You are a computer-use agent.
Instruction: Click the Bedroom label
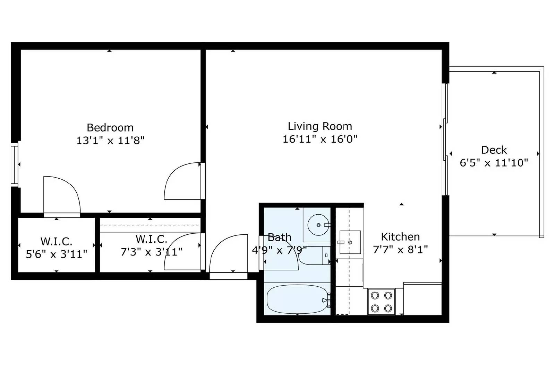pyautogui.click(x=110, y=128)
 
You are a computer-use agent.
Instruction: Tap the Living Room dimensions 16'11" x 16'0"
pyautogui.click(x=320, y=139)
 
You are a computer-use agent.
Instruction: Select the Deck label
pyautogui.click(x=494, y=150)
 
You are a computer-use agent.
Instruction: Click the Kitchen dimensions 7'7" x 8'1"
pyautogui.click(x=400, y=250)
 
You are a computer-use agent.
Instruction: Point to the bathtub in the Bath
pyautogui.click(x=297, y=299)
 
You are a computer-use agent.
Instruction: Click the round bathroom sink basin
pyautogui.click(x=318, y=225)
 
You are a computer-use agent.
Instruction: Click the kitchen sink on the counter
pyautogui.click(x=350, y=242)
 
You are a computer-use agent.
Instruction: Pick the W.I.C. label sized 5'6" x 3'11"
pyautogui.click(x=57, y=241)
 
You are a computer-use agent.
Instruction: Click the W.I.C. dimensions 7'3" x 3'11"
pyautogui.click(x=151, y=252)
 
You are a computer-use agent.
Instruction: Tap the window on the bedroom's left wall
pyautogui.click(x=14, y=164)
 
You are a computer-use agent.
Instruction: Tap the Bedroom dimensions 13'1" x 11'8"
pyautogui.click(x=110, y=141)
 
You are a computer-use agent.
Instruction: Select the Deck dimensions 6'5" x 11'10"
pyautogui.click(x=494, y=163)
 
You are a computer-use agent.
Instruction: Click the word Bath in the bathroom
pyautogui.click(x=279, y=237)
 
